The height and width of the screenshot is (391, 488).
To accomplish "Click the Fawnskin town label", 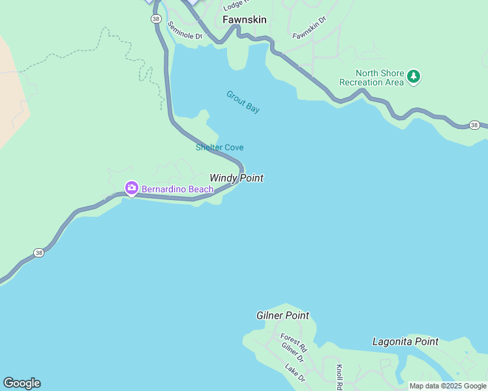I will click(244, 20).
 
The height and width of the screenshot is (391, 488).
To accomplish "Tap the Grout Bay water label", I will click(243, 102).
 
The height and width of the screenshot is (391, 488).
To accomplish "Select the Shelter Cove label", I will click(219, 147).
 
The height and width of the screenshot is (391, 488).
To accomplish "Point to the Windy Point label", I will click(236, 178).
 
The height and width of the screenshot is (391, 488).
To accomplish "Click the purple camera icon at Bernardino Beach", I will click(131, 188).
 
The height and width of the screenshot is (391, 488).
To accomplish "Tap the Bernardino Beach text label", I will click(177, 189).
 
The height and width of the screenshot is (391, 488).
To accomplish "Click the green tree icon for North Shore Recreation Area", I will click(413, 77).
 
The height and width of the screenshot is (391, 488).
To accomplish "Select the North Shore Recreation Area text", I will click(371, 78).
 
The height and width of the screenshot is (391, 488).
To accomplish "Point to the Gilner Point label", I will click(282, 315).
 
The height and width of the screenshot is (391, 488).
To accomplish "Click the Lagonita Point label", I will click(405, 341).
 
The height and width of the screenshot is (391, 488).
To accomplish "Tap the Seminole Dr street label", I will click(185, 31).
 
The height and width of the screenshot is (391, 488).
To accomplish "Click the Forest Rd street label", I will click(294, 340).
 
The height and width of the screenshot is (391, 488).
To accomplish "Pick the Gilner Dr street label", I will click(293, 353).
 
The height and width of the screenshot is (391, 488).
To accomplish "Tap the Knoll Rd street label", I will click(340, 376).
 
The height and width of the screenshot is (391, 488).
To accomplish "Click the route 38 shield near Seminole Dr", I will click(155, 19).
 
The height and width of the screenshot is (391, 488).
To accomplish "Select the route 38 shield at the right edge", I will click(474, 124).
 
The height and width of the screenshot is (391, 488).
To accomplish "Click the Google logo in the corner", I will click(22, 383).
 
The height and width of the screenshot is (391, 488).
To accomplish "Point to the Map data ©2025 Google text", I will click(448, 386).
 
